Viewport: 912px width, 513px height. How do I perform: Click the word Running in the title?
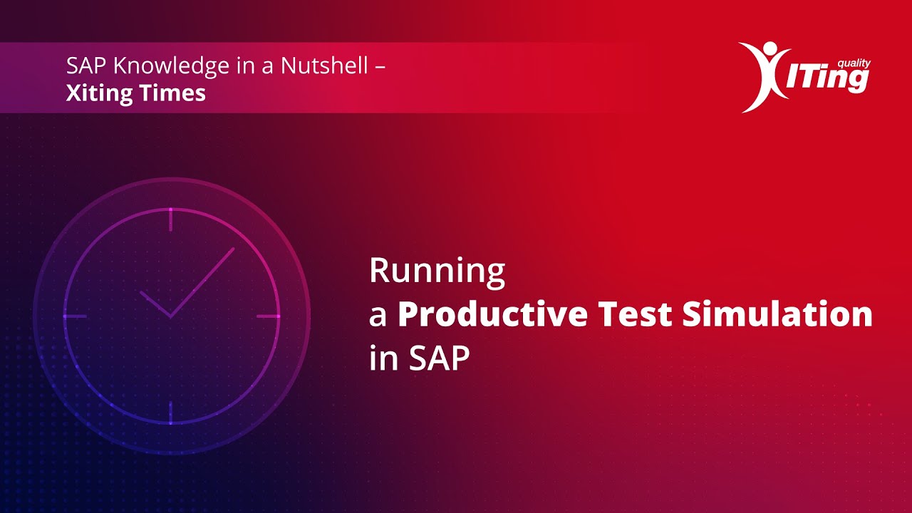pyautogui.click(x=437, y=272)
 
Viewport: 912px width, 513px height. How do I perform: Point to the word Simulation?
pyautogui.click(x=777, y=315)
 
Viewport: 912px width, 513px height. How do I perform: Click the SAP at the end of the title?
pyautogui.click(x=440, y=358)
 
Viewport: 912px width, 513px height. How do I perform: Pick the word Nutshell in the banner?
pyautogui.click(x=324, y=66)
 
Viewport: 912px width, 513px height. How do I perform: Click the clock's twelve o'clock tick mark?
pyautogui.click(x=171, y=219)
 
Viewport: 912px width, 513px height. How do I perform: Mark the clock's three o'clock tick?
pyautogui.click(x=268, y=316)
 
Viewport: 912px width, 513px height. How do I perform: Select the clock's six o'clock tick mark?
pyautogui.click(x=171, y=412)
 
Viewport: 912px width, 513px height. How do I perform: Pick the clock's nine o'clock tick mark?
pyautogui.click(x=75, y=316)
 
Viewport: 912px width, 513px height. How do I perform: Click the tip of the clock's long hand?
pyautogui.click(x=234, y=249)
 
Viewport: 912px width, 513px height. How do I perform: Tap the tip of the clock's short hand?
pyautogui.click(x=141, y=291)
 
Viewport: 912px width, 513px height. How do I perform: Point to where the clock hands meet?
pyautogui.click(x=171, y=316)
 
